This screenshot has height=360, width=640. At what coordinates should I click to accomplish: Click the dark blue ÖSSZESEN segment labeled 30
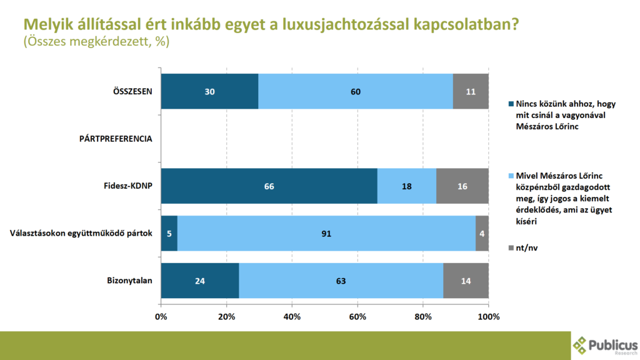(x=210, y=91)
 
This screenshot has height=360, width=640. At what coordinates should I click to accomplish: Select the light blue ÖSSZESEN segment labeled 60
(x=356, y=91)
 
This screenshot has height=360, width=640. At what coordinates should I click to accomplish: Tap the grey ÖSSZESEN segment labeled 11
(x=471, y=91)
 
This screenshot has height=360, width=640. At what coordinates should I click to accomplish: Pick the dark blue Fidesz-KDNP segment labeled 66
(x=269, y=186)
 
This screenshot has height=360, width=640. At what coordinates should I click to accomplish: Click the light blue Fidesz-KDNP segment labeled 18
(x=407, y=186)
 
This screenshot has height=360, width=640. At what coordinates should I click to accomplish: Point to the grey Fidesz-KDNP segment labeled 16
(x=462, y=186)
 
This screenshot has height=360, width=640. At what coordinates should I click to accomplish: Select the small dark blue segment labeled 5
(x=169, y=234)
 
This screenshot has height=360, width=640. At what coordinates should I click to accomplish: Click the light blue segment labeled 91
(x=326, y=234)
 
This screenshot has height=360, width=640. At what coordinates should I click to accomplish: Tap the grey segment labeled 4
(x=482, y=234)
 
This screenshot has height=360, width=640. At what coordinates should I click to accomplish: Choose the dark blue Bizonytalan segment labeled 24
(x=200, y=281)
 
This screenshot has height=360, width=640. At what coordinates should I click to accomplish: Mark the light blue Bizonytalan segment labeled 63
(x=341, y=281)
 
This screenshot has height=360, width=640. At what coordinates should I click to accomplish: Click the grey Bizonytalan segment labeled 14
(x=466, y=281)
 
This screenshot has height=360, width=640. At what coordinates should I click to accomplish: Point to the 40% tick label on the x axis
(x=292, y=317)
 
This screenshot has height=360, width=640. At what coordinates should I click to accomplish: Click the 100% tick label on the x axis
(x=489, y=317)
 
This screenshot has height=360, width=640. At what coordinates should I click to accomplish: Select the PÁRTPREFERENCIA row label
(x=116, y=139)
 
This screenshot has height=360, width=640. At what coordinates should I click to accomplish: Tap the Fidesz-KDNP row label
(x=127, y=186)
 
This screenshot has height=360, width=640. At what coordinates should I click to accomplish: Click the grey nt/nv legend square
(x=511, y=247)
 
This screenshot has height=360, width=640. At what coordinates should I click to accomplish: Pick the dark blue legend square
(x=511, y=104)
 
